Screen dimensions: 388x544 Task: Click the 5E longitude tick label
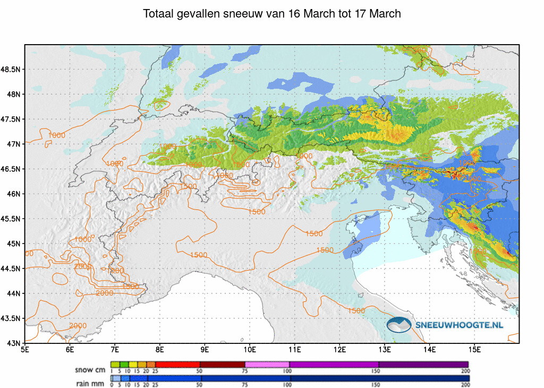pos(24,349)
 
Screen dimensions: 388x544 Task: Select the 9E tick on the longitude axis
pos(205,349)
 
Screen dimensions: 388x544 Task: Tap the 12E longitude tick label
pos(340,349)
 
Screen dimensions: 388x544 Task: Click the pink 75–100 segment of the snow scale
pos(267,364)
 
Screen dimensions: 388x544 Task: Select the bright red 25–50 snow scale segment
pos(177,364)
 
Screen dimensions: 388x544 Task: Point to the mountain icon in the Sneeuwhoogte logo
pos(399,324)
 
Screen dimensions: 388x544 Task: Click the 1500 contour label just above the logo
pos(356,310)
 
